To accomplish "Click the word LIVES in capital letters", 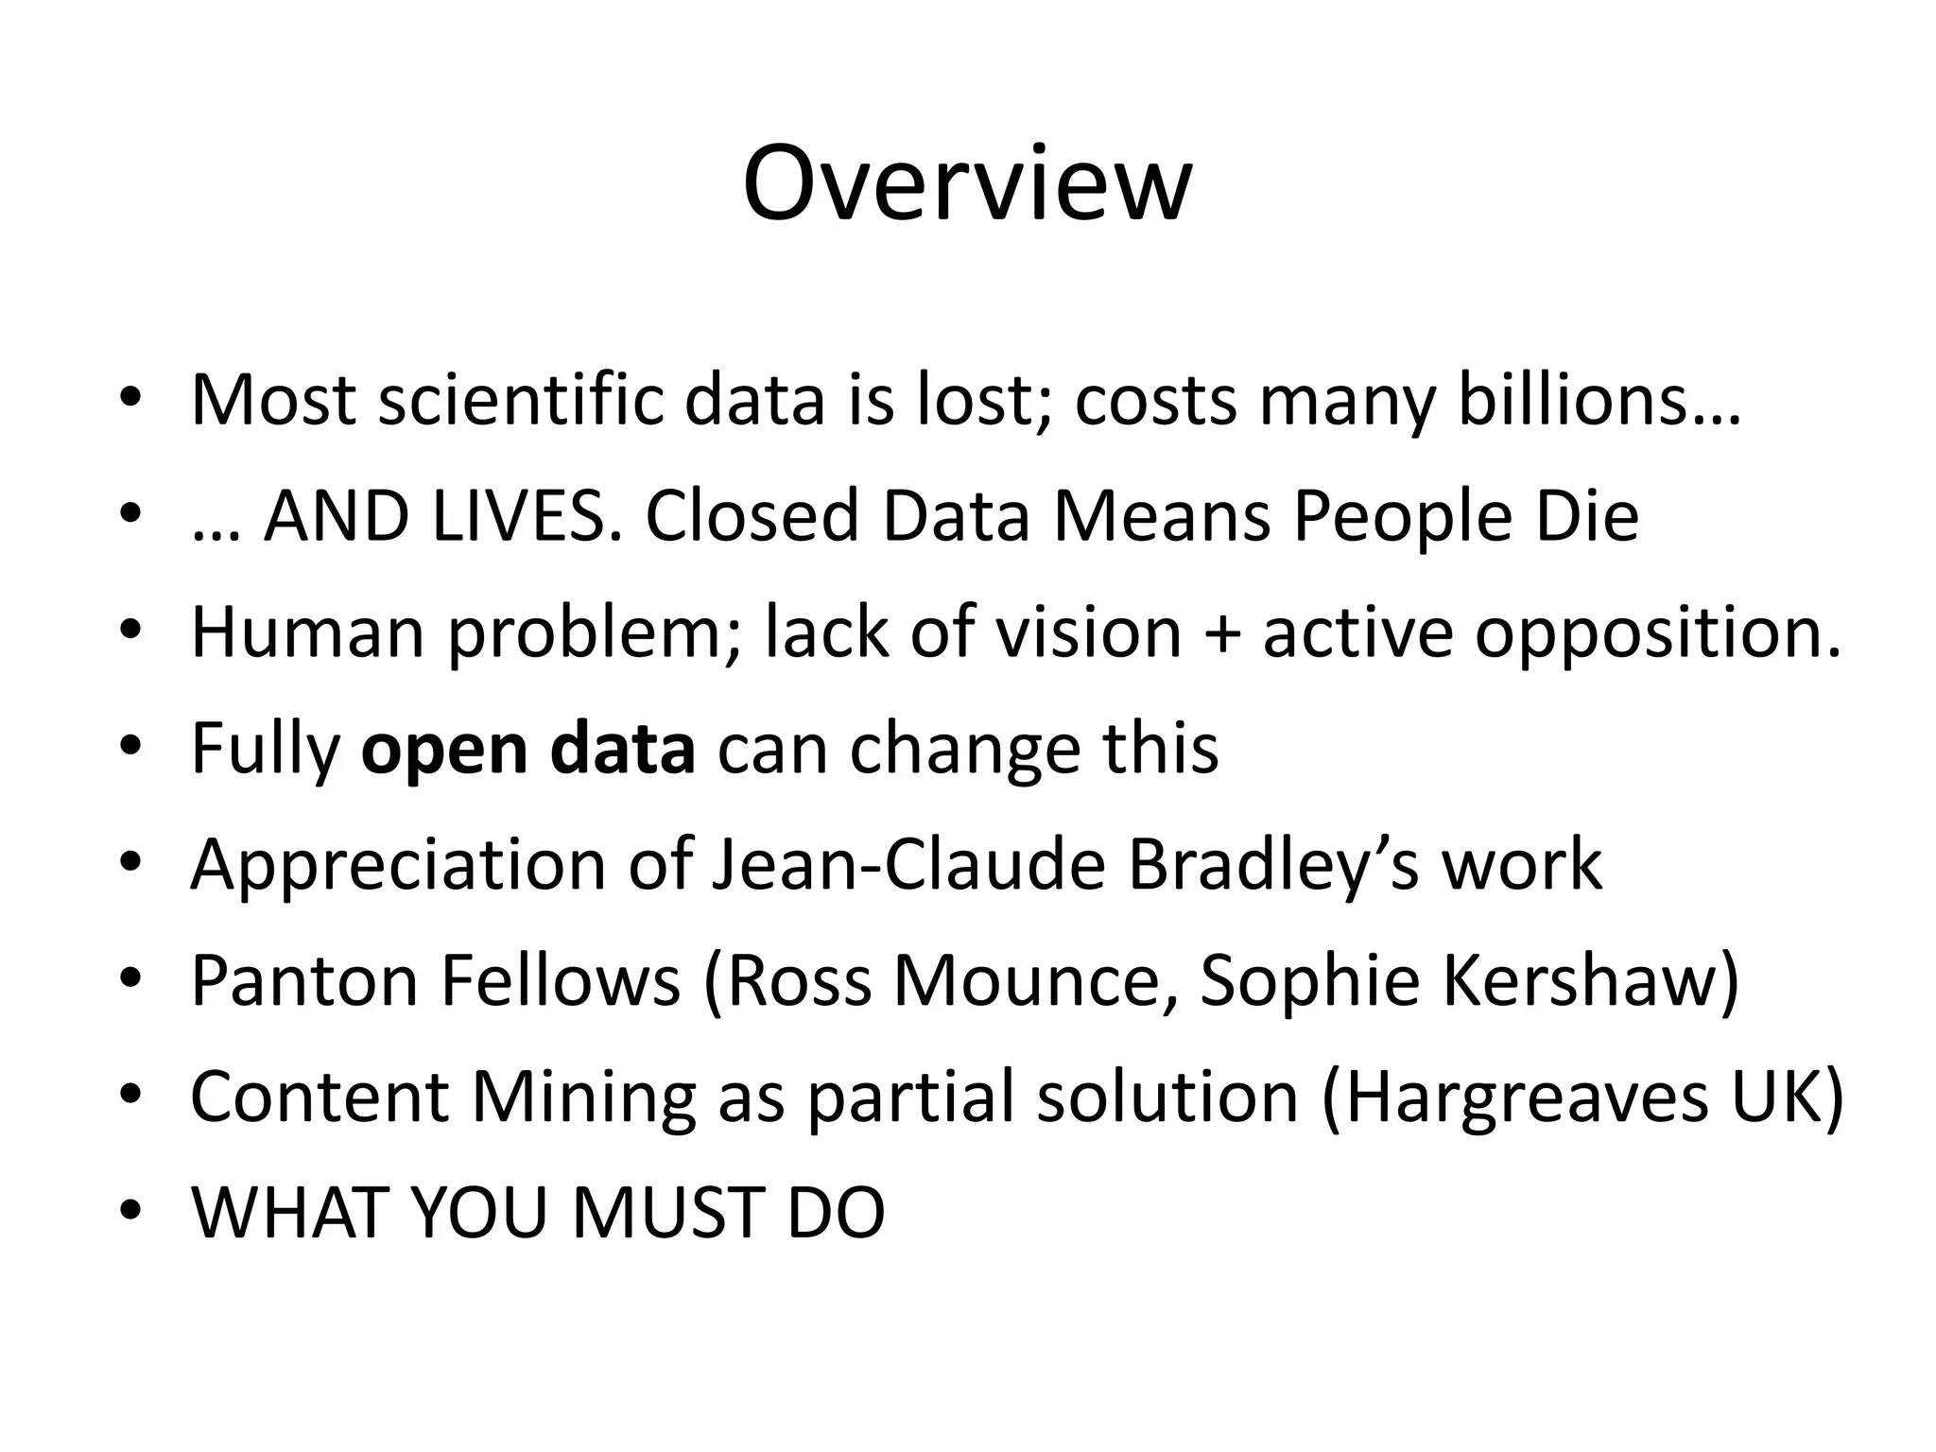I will [519, 517].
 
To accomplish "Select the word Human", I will [308, 632].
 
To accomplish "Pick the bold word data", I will [623, 748].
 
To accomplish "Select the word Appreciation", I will [398, 865].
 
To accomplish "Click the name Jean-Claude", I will [908, 865].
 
